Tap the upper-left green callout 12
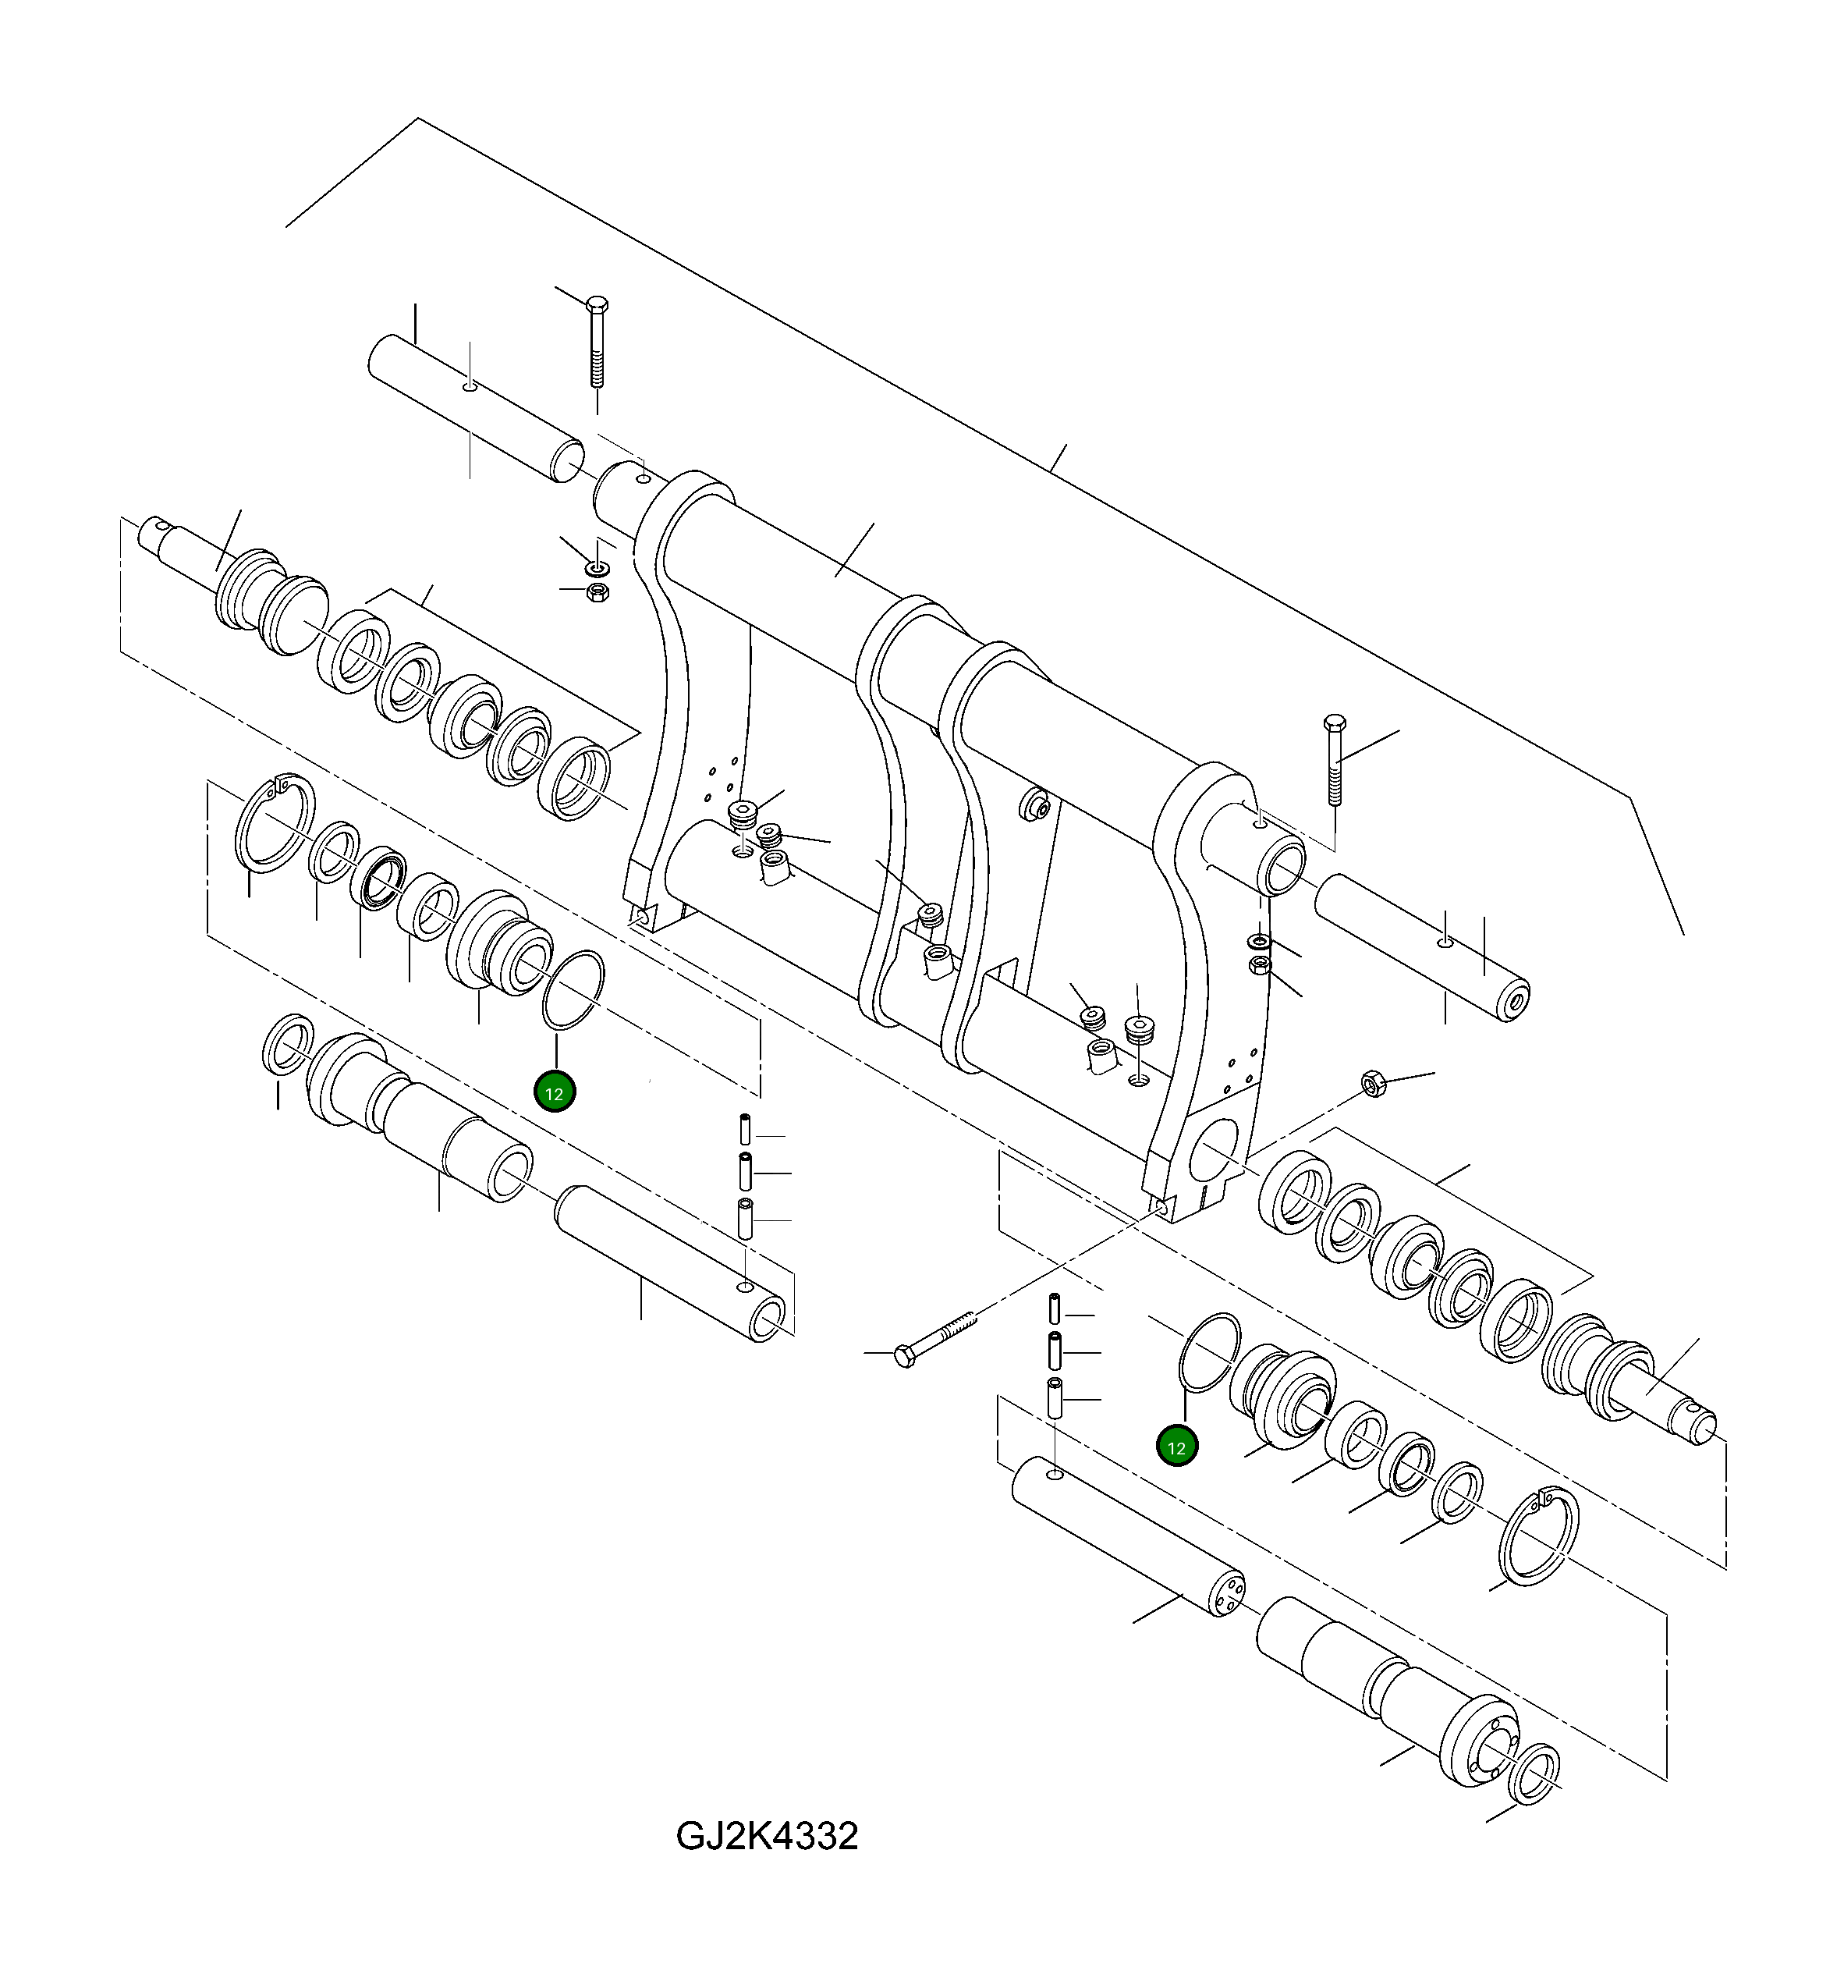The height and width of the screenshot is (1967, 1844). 554,1093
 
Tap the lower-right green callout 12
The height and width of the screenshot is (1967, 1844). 1177,1447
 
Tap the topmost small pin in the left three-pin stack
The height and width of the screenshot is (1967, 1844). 746,1128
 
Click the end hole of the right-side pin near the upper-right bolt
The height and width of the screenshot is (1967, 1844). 1516,1001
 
